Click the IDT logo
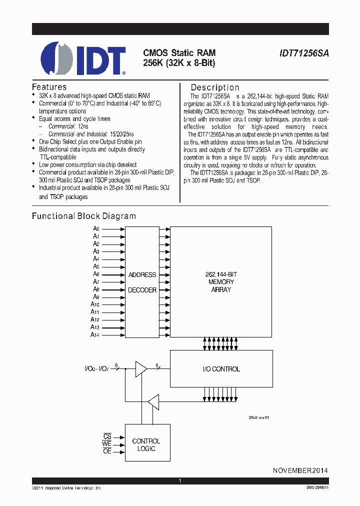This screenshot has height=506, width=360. [x=83, y=58]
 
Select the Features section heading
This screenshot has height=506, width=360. [x=49, y=86]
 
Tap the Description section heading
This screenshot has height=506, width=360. [x=215, y=87]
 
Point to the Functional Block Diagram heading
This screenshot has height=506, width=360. [x=84, y=216]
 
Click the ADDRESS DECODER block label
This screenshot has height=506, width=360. [x=142, y=282]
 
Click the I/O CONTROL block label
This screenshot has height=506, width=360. [x=221, y=369]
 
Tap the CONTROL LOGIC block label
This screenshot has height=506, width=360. [x=146, y=445]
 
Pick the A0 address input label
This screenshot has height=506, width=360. [x=96, y=228]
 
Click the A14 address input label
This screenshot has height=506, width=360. [x=95, y=334]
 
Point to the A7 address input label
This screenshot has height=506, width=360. [x=96, y=282]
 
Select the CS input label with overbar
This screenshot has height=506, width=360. [x=107, y=436]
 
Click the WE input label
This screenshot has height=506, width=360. [x=107, y=444]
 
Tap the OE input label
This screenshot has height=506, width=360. [x=107, y=451]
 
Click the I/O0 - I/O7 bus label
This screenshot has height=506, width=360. [x=97, y=369]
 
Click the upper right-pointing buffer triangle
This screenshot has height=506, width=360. [x=141, y=369]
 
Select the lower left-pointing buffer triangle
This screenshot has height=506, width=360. [x=153, y=400]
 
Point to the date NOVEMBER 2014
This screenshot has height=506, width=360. [x=300, y=471]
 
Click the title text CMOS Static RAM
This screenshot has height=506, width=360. [x=179, y=52]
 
